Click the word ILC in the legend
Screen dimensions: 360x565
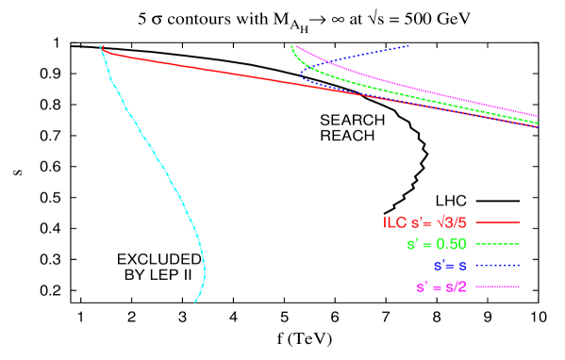tap(393, 223)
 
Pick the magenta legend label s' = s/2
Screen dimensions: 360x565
tap(441, 286)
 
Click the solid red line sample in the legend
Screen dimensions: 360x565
tap(498, 223)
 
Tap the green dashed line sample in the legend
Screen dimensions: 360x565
tap(498, 244)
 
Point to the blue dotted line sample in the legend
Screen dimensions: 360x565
tap(498, 266)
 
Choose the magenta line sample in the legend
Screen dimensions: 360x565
tap(498, 286)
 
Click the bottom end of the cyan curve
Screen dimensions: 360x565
tap(195, 302)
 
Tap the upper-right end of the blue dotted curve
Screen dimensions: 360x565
tap(408, 45)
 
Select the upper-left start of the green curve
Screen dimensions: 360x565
tap(291, 46)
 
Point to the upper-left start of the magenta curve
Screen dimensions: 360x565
tap(296, 45)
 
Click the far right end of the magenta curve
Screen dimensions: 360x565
tap(538, 117)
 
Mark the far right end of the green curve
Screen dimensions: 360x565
tap(538, 123)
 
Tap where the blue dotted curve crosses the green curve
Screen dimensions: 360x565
tap(315, 66)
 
